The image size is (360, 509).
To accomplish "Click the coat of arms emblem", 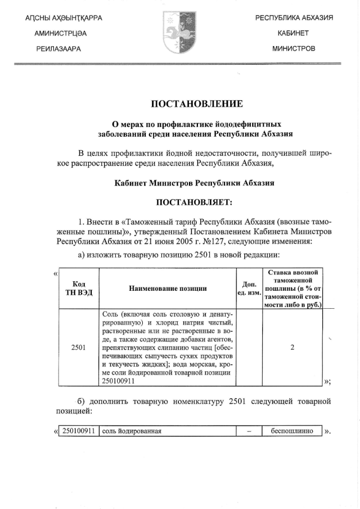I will click(179, 33).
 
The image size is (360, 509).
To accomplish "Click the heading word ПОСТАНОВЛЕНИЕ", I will click(196, 103).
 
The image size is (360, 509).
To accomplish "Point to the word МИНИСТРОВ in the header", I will click(294, 49).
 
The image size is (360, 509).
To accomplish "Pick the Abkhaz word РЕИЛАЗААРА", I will click(58, 49).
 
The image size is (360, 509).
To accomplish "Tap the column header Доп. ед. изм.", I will click(248, 288).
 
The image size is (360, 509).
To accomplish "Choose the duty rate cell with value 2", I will click(292, 347).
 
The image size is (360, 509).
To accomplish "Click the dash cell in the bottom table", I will click(249, 431).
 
